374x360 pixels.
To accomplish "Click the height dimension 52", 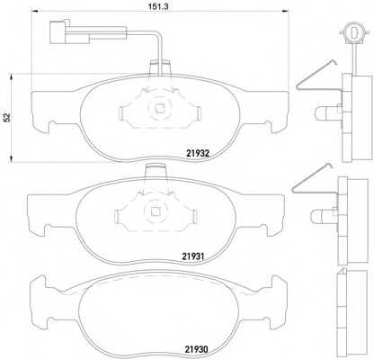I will pos(8,117).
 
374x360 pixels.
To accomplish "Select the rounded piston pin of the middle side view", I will pos(316,215).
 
